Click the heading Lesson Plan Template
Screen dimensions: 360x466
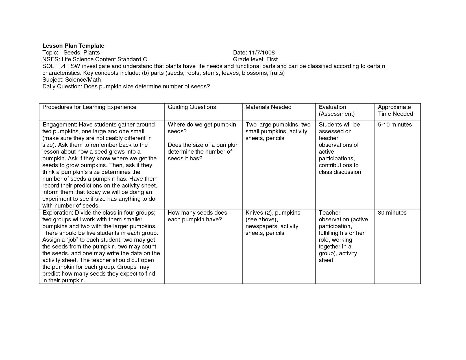(73, 46)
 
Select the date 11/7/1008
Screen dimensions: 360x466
(262, 53)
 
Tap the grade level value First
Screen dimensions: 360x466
(272, 59)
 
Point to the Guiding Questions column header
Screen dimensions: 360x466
(192, 107)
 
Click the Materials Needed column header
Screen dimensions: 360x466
(268, 107)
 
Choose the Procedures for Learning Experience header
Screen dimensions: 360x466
(89, 107)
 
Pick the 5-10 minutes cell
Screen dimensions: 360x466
(395, 125)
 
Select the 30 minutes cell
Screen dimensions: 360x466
(392, 213)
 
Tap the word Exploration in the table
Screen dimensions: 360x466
(58, 213)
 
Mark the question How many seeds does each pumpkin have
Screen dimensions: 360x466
(197, 216)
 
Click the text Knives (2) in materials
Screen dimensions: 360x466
(258, 213)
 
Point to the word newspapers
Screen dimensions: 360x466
(261, 226)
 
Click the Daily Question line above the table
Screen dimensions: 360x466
(126, 86)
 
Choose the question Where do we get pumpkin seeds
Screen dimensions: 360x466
(202, 128)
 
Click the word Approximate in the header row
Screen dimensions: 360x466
(394, 107)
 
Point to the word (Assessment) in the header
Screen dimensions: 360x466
(336, 114)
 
